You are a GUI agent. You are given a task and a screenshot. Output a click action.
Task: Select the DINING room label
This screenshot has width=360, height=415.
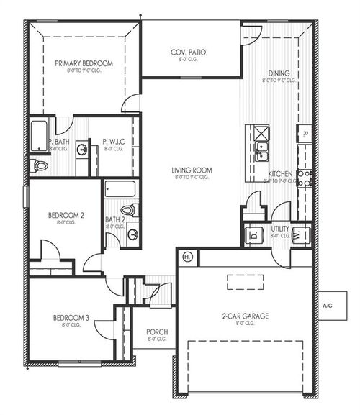tap(279, 73)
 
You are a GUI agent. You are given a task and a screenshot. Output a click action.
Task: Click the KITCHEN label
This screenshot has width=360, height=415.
tap(279, 175)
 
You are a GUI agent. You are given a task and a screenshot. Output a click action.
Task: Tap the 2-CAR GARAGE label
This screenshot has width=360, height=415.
tap(246, 316)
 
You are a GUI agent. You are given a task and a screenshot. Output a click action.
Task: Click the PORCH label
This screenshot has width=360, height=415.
tap(156, 332)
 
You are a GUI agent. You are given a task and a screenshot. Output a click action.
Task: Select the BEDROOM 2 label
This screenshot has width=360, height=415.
tap(66, 215)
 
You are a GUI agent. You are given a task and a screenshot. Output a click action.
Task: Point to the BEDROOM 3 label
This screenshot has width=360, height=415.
tap(71, 318)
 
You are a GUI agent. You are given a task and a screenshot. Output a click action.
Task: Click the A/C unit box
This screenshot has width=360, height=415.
tap(328, 306)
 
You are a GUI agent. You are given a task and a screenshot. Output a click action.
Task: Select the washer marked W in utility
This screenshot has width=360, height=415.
tap(301, 234)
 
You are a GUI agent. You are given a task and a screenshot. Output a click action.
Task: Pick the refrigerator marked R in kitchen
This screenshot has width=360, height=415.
tap(305, 134)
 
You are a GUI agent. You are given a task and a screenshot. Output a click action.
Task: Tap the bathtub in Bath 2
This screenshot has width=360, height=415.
tap(120, 189)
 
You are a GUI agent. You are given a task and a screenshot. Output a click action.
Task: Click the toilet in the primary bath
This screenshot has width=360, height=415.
tap(40, 166)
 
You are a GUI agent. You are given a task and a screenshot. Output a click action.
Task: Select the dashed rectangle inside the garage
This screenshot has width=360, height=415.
tap(246, 281)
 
